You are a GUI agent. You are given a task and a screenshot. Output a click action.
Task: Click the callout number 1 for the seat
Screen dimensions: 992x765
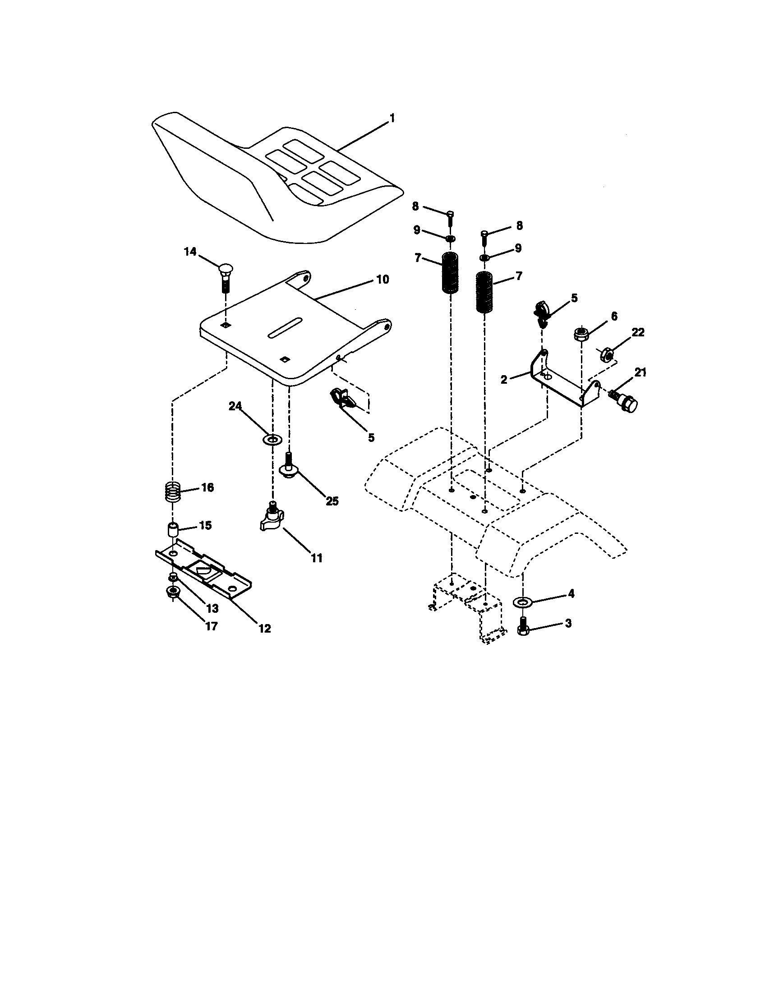[x=392, y=119]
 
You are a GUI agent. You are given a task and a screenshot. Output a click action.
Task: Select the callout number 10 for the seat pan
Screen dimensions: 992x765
[x=382, y=280]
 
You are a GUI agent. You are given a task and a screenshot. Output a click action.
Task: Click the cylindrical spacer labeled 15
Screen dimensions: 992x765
[x=173, y=530]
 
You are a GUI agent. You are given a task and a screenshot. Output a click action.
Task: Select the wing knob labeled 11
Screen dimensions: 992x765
[x=272, y=519]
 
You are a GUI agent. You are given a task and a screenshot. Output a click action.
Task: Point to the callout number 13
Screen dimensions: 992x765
[x=212, y=609]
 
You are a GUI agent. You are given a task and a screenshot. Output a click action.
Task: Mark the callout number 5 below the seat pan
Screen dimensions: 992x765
[x=371, y=438]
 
